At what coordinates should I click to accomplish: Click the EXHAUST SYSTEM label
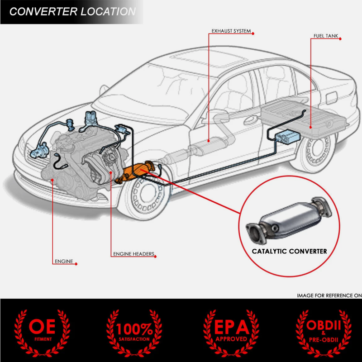pos(231,31)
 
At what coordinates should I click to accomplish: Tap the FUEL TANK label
pos(325,36)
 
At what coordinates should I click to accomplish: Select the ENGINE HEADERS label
pos(133,254)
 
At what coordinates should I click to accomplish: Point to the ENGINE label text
pos(64,262)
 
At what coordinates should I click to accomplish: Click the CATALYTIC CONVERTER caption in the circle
pos(289,251)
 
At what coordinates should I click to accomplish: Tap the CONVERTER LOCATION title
pos(72,12)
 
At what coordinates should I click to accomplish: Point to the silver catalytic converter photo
pos(289,220)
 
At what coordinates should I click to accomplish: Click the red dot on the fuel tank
pos(311,127)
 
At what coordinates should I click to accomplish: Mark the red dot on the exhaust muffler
pos(209,141)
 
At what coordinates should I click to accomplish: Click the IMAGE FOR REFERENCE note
pos(329,295)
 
